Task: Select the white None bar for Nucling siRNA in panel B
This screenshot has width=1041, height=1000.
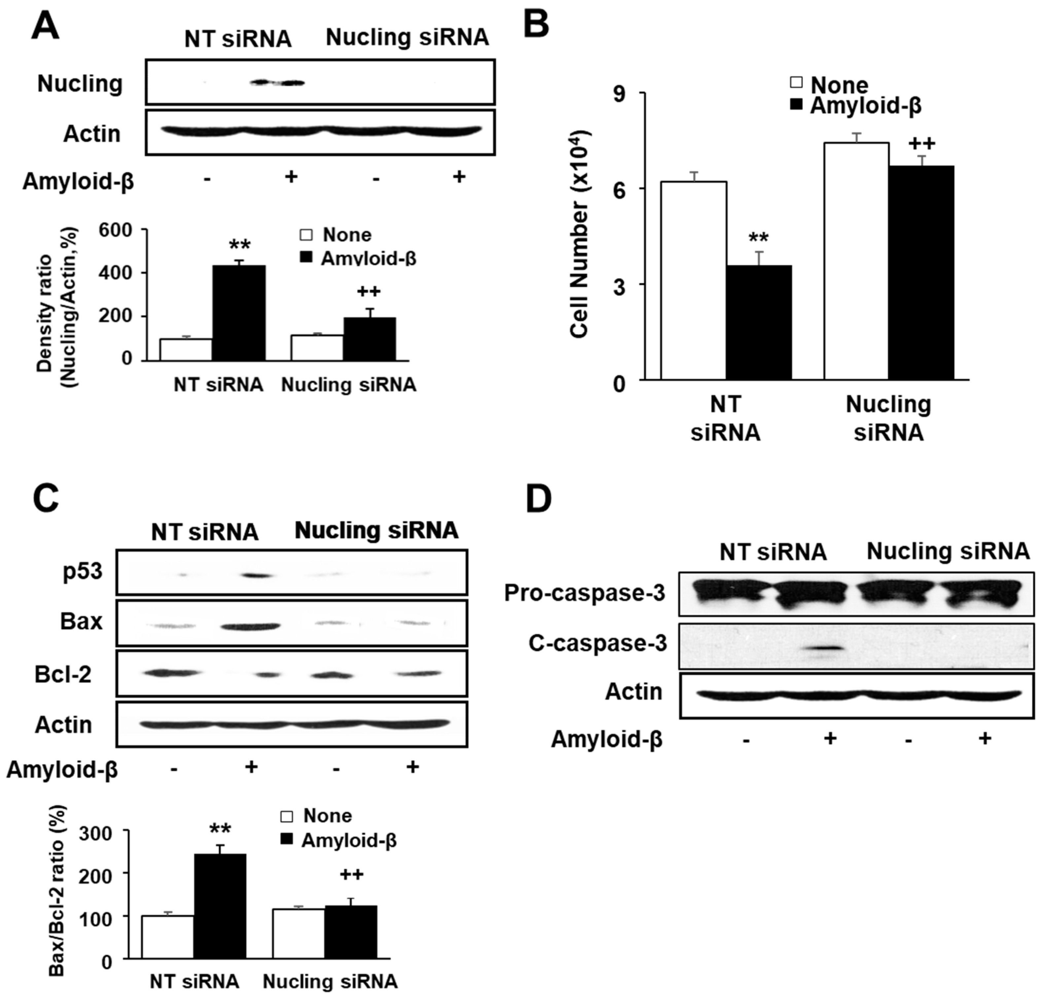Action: [856, 260]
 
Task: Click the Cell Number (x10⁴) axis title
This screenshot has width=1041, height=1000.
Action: [580, 234]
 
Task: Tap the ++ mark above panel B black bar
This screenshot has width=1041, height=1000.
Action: [921, 143]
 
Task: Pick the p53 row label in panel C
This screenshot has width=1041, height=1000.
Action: [82, 572]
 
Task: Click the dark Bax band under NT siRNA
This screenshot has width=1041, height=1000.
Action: [251, 626]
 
